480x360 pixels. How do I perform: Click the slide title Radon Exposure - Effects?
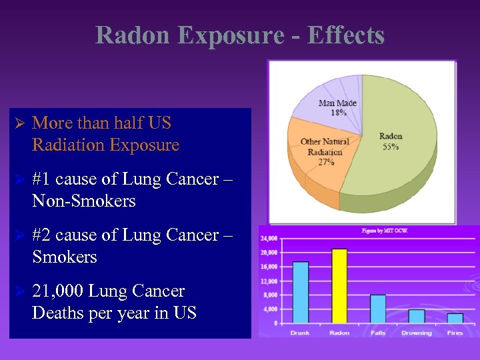(240, 35)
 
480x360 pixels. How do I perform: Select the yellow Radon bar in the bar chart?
(339, 286)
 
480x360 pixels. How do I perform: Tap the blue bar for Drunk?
(301, 293)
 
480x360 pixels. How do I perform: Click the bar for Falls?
(378, 309)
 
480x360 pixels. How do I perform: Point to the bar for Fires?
(455, 318)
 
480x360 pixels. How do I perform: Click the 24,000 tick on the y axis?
(269, 238)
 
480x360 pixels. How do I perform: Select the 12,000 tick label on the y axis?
(269, 281)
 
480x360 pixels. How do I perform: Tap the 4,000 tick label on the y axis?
(270, 309)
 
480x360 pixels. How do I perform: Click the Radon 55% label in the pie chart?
(391, 141)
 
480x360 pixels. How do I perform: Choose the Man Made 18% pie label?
(337, 107)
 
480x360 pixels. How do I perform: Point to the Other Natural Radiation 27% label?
(321, 151)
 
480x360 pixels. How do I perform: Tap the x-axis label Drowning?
(417, 333)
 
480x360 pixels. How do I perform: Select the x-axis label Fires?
(455, 333)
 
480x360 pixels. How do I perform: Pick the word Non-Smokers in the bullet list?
(83, 201)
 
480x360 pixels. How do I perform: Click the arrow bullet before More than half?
(19, 123)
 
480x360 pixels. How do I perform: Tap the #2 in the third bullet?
(42, 235)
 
